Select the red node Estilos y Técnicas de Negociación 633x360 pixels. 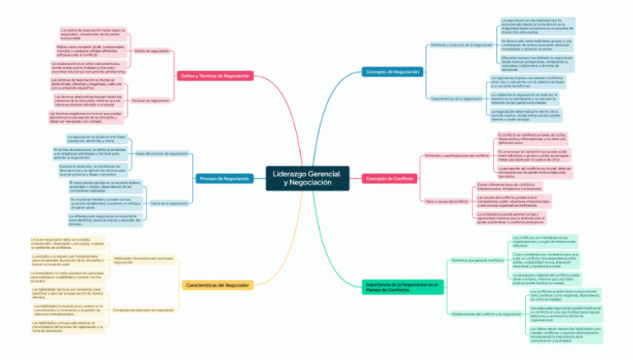click(x=214, y=75)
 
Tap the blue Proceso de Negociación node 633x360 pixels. click(x=224, y=178)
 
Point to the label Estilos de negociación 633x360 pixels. click(x=151, y=51)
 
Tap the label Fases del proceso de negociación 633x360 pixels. click(x=162, y=153)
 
